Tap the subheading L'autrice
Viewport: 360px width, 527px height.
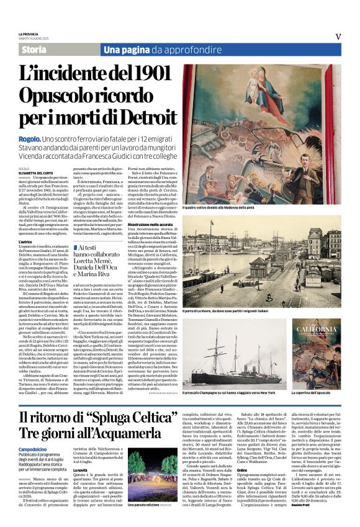click(x=28, y=241)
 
